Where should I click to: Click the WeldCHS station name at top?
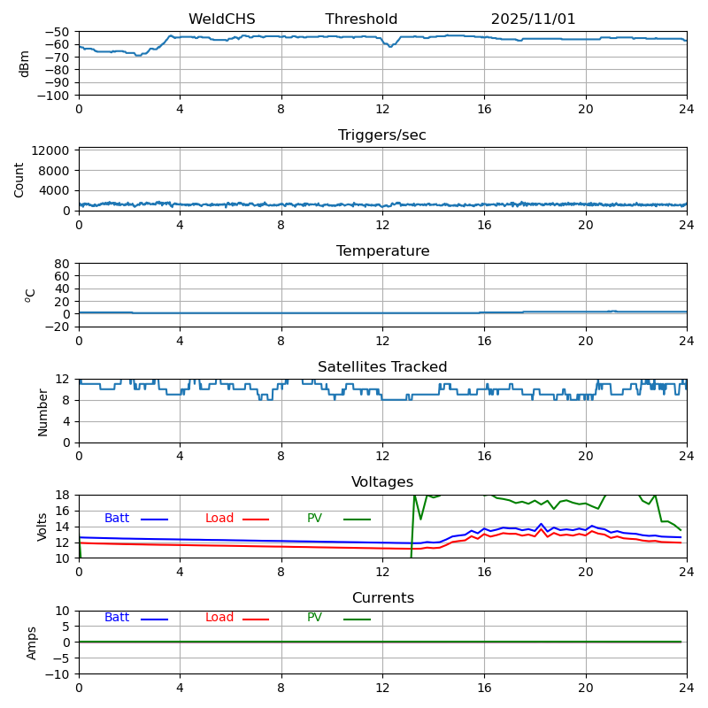[x=221, y=19]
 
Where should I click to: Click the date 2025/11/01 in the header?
[x=533, y=19]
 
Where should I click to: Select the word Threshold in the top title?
[x=361, y=19]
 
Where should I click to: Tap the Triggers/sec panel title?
[x=382, y=135]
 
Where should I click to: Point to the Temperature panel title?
[x=382, y=251]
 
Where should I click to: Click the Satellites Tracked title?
[x=382, y=367]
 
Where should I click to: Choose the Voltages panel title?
[x=382, y=482]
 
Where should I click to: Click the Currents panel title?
[x=382, y=598]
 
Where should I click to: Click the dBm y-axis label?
[x=25, y=64]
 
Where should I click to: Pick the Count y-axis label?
[x=19, y=180]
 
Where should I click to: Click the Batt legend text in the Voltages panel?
[x=117, y=519]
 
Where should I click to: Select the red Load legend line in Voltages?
[x=256, y=519]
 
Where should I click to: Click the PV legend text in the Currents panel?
[x=314, y=618]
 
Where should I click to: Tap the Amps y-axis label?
[x=33, y=643]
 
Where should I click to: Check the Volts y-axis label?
[x=42, y=527]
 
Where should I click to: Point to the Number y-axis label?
[x=42, y=412]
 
